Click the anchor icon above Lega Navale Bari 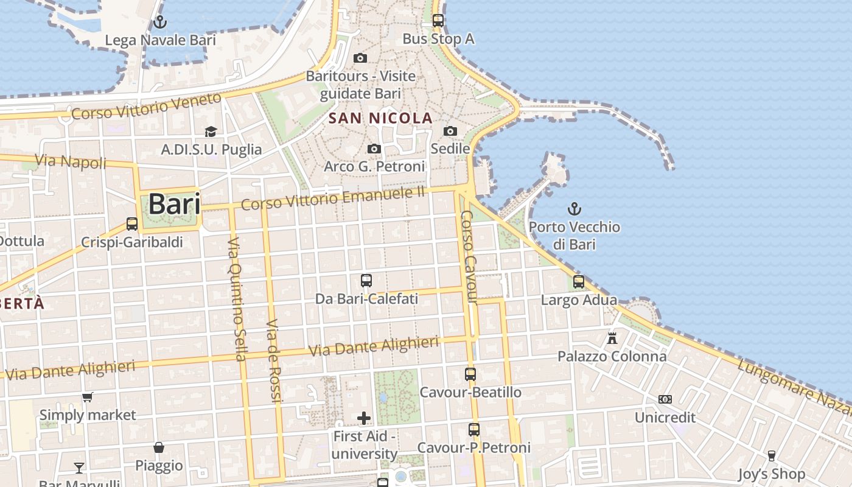159,23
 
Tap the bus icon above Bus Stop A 438,20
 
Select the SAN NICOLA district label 380,118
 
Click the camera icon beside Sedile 450,131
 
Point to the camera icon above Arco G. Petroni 374,149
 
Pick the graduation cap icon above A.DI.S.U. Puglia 211,131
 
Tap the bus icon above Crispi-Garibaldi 132,223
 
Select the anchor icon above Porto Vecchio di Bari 574,209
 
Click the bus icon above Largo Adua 579,282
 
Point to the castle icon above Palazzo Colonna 612,338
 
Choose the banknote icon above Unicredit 665,399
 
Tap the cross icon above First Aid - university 364,418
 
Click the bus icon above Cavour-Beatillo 470,374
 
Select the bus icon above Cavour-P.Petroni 474,429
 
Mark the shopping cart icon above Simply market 87,398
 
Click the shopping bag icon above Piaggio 159,447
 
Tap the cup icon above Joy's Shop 771,455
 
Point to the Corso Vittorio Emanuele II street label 332,198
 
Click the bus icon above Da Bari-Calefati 366,280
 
